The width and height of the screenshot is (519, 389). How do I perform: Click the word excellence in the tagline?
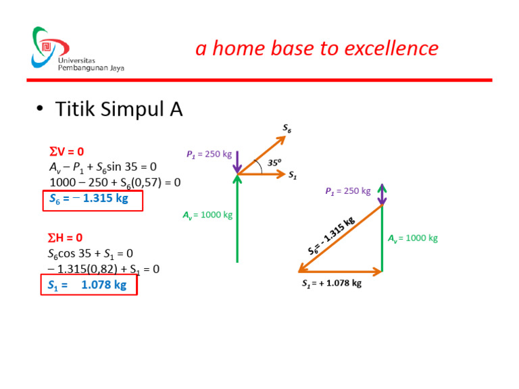coord(391,49)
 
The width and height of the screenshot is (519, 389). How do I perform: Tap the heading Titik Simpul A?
coord(119,109)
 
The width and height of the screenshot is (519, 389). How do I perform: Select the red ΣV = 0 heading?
coord(67,152)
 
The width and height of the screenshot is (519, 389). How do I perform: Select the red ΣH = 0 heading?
coord(66,238)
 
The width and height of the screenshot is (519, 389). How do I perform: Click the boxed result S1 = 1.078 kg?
coord(89,285)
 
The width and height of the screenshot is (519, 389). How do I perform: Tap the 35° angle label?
coord(274,163)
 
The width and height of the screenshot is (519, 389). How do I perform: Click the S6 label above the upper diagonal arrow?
coord(287,128)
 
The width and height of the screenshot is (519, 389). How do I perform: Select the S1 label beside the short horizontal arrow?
coord(293,176)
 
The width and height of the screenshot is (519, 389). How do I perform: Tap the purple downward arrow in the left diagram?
coord(238,162)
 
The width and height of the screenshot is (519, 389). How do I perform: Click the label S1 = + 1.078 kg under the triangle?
coord(331,284)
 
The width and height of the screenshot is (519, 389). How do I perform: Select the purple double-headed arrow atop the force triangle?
coord(382,194)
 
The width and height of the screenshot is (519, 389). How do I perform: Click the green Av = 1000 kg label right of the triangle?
coord(413,238)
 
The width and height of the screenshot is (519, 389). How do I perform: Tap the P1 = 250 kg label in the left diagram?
coord(209,155)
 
